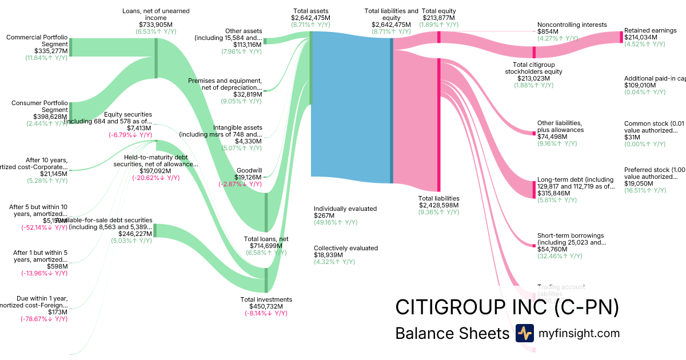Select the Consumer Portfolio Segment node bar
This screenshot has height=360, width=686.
click(x=70, y=112)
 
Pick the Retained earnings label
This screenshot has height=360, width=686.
click(x=650, y=30)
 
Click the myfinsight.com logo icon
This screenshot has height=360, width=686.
click(x=524, y=333)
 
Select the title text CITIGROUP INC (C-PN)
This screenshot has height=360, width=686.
click(x=507, y=307)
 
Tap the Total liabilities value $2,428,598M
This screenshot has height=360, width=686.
click(x=438, y=205)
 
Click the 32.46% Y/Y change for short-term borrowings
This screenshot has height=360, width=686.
click(x=560, y=256)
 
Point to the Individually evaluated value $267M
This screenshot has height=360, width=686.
click(x=324, y=215)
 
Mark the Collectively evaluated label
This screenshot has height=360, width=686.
click(x=345, y=248)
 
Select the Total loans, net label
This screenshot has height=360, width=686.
click(x=266, y=239)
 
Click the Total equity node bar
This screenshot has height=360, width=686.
click(x=438, y=37)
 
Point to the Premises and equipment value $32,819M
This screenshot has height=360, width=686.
click(x=247, y=94)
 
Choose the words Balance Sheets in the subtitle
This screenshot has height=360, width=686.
click(x=452, y=334)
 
